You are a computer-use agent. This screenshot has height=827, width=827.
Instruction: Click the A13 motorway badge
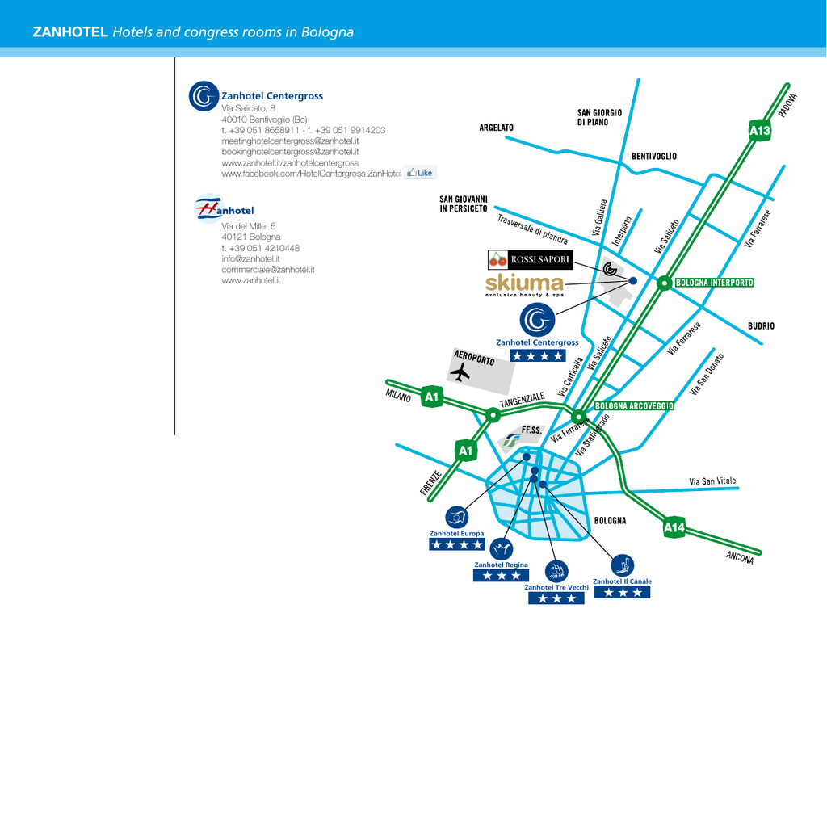coord(760,131)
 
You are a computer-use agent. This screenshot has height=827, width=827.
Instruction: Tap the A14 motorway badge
coord(674,527)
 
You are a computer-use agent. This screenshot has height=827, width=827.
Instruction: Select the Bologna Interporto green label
coord(715,283)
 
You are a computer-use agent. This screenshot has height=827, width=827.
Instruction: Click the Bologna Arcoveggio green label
coord(634,406)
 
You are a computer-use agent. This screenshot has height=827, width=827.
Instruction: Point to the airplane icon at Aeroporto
coord(460,372)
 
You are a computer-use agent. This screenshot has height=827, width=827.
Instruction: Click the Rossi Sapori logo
coord(530,259)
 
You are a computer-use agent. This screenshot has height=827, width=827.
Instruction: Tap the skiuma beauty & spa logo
coord(525,285)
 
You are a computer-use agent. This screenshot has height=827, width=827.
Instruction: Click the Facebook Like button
coord(420,173)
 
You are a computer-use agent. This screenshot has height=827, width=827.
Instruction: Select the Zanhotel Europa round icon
coord(457,518)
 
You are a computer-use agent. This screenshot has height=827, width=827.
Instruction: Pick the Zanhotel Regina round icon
coord(501,549)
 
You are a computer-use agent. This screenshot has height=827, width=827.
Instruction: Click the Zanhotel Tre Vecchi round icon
coord(556,571)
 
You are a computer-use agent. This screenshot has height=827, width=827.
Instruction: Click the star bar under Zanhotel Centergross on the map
coord(537,356)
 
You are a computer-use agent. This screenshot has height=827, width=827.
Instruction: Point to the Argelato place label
coord(497,128)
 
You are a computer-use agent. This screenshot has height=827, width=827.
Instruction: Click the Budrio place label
coord(761,326)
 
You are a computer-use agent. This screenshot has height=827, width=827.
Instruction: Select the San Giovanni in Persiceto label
coord(464,204)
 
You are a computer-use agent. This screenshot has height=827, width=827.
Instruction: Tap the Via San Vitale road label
coord(712,481)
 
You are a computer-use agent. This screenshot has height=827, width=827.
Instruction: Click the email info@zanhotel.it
coord(250,259)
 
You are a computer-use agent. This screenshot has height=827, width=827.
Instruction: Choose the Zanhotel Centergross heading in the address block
coord(272,96)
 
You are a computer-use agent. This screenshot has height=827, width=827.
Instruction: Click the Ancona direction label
coord(740,557)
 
